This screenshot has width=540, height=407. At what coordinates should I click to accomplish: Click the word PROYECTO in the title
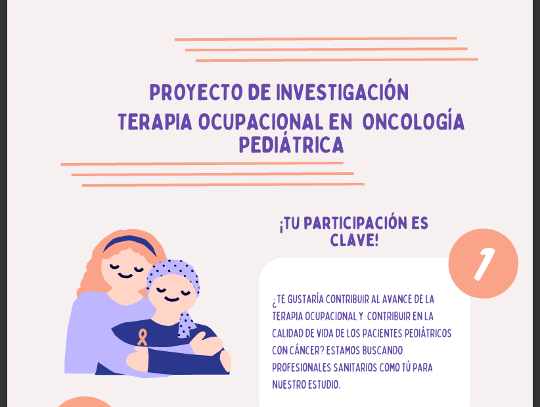196,92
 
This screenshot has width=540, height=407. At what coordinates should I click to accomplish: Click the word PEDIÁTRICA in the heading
292,144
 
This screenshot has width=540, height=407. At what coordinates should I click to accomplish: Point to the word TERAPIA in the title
155,122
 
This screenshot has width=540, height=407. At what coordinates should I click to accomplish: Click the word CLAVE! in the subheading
354,240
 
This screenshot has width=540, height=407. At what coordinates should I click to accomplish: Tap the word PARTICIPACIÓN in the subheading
355,223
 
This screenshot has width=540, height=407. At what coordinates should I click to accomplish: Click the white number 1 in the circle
484,264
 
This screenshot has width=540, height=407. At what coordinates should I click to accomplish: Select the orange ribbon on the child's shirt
143,337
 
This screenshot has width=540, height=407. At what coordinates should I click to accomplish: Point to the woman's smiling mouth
125,275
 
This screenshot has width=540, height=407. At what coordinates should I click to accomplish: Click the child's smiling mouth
171,299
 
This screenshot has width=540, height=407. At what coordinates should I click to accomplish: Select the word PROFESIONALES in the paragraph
302,368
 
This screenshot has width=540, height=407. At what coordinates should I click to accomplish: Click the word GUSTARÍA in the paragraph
305,299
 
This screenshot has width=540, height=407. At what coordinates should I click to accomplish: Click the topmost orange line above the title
316,39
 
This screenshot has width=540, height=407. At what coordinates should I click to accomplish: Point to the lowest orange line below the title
223,185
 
